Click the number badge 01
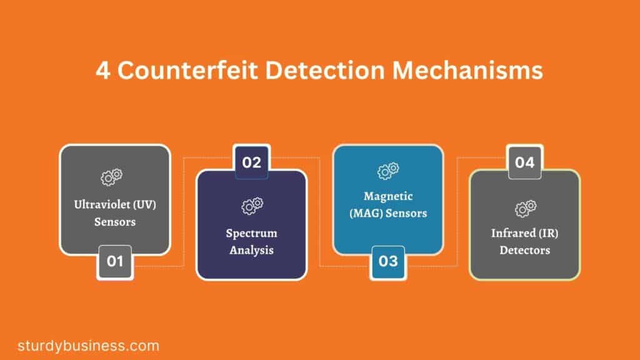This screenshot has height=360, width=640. pos(115,262)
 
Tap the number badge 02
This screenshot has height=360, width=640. pos(251,162)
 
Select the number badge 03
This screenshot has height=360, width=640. pos(387,262)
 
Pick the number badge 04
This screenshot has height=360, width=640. pos(525,162)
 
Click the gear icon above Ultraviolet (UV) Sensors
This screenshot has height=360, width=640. pos(111,177)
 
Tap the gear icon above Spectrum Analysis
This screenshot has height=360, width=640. pos(252,206)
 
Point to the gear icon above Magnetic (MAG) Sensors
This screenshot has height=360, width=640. pos(388,171)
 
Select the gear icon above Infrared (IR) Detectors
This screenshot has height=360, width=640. pos(525,208)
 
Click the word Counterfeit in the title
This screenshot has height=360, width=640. pos(187,70)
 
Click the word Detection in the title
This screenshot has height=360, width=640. pos(325,70)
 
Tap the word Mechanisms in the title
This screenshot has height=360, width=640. pos(467,70)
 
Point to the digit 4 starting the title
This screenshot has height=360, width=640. pos(103,70)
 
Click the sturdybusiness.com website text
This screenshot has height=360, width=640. pos(88,346)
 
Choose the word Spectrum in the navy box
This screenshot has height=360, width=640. pos(251,234)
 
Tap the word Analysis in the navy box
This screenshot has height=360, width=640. pos(251,250)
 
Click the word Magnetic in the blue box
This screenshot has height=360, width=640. pos(388,197)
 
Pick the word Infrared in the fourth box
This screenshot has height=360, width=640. pos(513,233)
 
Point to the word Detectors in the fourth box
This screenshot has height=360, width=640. pos(525,250)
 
